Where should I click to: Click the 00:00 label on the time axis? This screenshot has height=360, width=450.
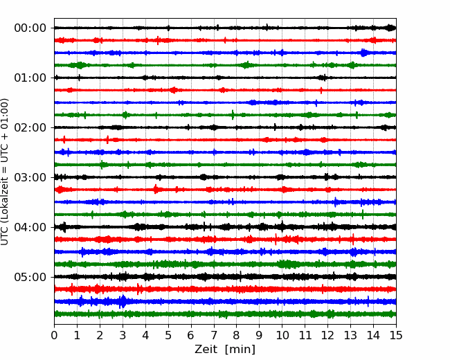pos(30,28)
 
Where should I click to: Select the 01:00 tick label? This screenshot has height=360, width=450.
pos(30,78)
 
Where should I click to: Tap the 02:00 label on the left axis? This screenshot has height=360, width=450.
pos(30,127)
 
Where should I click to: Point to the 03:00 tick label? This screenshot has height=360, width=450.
pos(30,177)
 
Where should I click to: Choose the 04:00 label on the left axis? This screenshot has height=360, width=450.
pos(30,227)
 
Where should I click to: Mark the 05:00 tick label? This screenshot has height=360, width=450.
pos(30,277)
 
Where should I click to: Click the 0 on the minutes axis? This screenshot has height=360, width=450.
pos(54,335)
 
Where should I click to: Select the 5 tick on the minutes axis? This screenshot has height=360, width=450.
pos(168,335)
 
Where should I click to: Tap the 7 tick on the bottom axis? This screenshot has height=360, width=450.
pos(214,335)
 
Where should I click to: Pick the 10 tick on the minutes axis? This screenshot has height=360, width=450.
pos(282,335)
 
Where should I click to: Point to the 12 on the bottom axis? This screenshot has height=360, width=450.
pos(327,335)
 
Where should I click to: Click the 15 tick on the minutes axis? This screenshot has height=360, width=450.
pos(396,335)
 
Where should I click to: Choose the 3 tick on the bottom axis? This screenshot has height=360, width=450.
pos(123,335)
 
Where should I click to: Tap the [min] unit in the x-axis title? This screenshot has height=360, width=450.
pos(240,350)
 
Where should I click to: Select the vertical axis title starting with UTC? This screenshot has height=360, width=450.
pos(5,172)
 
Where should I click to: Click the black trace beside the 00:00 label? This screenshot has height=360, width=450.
pos(225,28)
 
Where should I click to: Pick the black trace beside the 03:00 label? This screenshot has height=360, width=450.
pos(225,177)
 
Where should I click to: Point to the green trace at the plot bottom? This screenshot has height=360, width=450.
pos(225,314)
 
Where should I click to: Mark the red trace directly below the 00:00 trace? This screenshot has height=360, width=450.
pos(225,40)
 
